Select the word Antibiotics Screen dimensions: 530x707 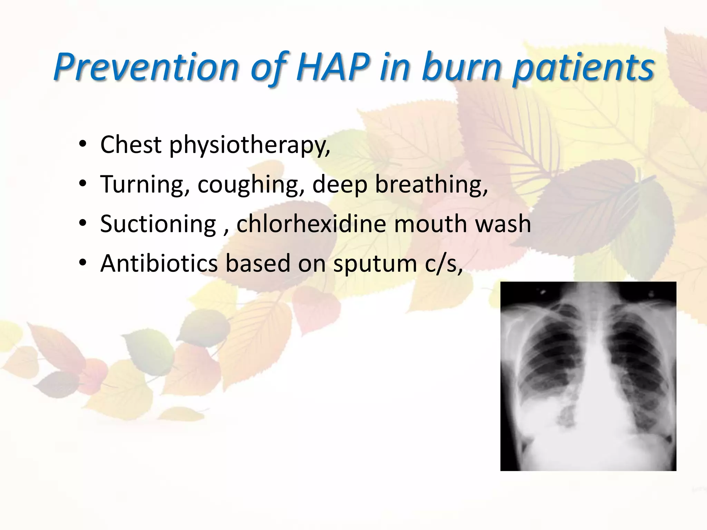click(x=159, y=263)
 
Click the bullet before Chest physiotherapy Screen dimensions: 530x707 click(x=83, y=145)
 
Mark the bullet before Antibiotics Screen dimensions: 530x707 click(x=83, y=264)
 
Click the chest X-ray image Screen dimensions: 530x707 click(x=588, y=376)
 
